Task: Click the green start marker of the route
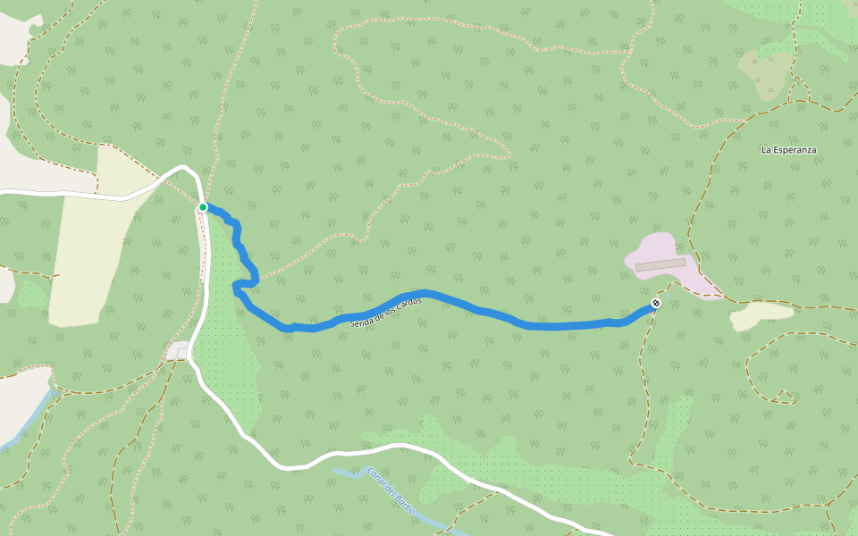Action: point(203,207)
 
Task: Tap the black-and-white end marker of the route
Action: point(656,304)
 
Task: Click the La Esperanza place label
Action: point(788,150)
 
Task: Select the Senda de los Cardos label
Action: point(385,311)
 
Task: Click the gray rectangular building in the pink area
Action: point(660,265)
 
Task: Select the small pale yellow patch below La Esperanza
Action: point(761,315)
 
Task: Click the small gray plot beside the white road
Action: point(177,351)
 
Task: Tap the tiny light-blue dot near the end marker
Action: point(666,294)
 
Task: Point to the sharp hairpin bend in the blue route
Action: point(236,287)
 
